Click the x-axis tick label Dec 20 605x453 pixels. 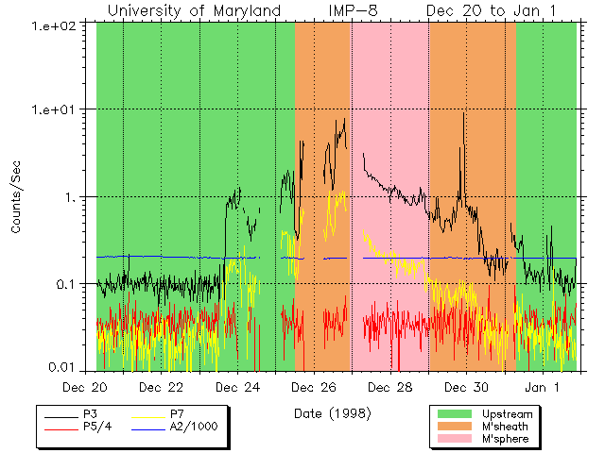(x=85, y=387)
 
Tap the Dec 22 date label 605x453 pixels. (x=161, y=387)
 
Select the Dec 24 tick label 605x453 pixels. (x=237, y=387)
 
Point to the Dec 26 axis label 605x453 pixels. (x=314, y=387)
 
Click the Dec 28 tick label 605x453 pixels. (x=390, y=387)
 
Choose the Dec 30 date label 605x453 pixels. (x=467, y=387)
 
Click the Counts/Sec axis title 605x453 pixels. (x=16, y=196)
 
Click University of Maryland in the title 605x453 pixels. (x=194, y=10)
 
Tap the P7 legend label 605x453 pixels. (x=177, y=414)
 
